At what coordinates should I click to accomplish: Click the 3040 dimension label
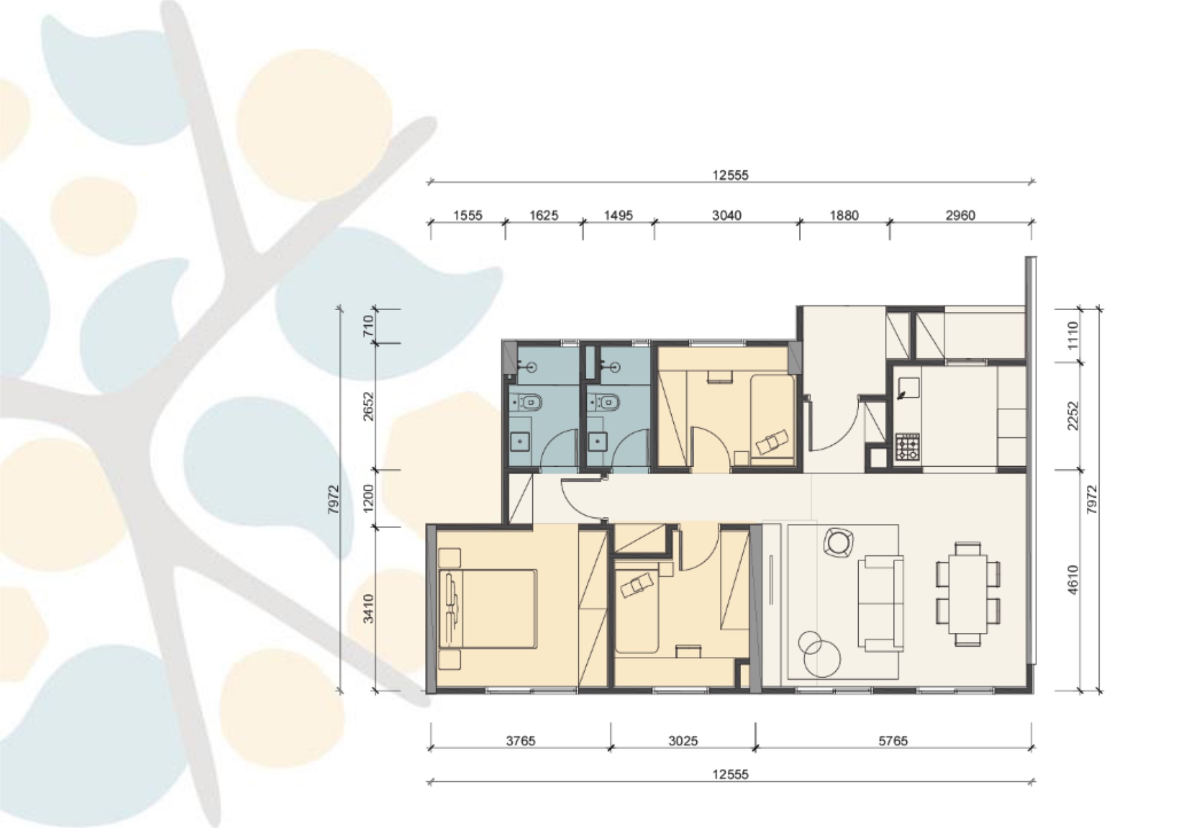(x=726, y=215)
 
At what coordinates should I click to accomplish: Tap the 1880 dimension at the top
(x=844, y=215)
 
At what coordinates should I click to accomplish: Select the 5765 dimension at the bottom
(x=894, y=741)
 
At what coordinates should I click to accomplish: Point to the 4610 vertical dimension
(x=1073, y=580)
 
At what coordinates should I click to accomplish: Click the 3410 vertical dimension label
(x=368, y=608)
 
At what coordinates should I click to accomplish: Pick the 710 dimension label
(x=368, y=326)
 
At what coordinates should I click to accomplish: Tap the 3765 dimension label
(x=520, y=741)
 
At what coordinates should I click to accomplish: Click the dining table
(x=968, y=594)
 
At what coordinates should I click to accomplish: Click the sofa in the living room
(x=880, y=604)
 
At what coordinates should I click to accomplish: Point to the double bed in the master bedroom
(x=488, y=609)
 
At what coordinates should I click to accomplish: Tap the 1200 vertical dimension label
(x=368, y=498)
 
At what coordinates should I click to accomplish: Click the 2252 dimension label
(x=1073, y=416)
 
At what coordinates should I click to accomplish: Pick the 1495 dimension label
(x=619, y=215)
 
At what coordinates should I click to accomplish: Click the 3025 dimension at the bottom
(x=683, y=741)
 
